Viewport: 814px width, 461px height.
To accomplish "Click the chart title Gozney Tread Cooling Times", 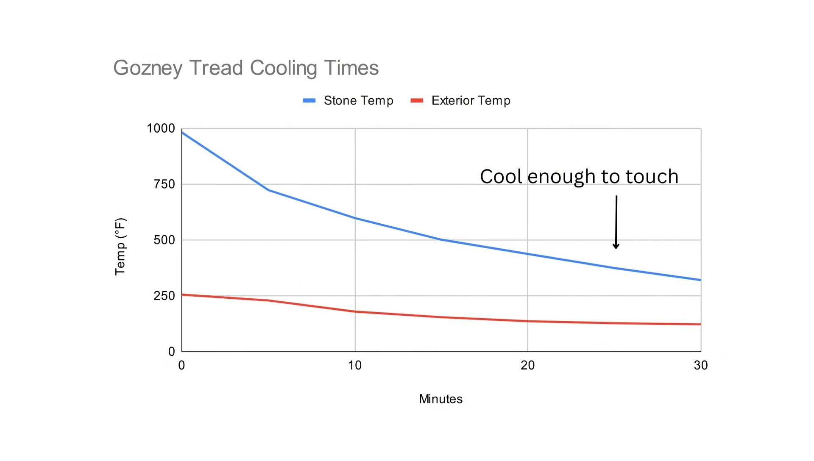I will click(x=246, y=68).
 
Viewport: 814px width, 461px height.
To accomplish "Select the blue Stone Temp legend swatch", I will click(x=309, y=101).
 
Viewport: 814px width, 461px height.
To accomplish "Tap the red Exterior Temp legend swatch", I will click(x=417, y=101).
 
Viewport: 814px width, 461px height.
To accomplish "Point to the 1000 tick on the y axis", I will click(x=161, y=128).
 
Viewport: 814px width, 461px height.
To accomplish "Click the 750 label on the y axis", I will click(x=164, y=184).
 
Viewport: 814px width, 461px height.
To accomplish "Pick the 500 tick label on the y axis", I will click(x=164, y=240).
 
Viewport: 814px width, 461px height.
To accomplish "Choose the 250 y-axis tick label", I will click(x=164, y=296).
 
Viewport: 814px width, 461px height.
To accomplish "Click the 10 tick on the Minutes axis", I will click(x=355, y=365).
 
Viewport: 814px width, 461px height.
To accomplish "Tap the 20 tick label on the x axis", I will click(x=527, y=365).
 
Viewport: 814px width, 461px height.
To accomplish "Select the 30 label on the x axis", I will click(x=700, y=365).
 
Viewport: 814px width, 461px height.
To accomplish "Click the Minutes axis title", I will click(x=440, y=399).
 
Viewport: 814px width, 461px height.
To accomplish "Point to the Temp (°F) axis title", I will click(x=120, y=246).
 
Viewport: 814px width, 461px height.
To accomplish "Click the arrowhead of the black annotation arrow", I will click(x=616, y=246).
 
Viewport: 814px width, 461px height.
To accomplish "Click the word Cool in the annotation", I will click(x=501, y=177).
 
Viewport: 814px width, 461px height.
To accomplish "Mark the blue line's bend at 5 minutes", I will click(x=268, y=190).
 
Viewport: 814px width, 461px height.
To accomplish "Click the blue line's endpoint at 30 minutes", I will click(x=700, y=280).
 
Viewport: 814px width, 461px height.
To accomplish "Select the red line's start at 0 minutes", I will click(x=182, y=295).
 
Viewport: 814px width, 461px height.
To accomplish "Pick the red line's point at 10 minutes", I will click(x=355, y=312).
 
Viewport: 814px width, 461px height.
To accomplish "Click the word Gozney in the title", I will click(x=148, y=68).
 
